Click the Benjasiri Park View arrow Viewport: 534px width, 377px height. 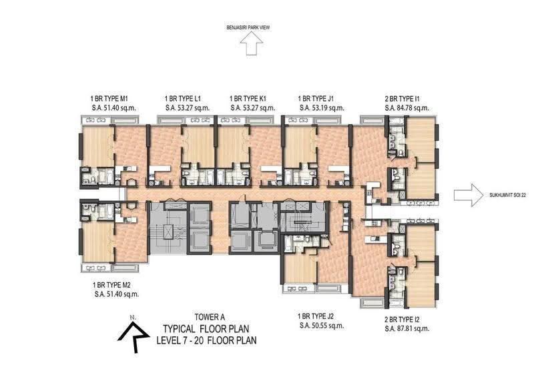tap(252, 43)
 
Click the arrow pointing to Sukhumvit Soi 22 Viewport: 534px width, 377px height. tap(469, 195)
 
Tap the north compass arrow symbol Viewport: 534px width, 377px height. tap(133, 337)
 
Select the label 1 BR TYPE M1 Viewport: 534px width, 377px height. tap(109, 99)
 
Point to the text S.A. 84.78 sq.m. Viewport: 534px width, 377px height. tap(407, 108)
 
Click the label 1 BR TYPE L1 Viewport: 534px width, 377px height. tap(182, 99)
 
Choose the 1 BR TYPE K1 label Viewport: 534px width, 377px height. tap(248, 99)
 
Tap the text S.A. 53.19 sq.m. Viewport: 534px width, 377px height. tap(322, 108)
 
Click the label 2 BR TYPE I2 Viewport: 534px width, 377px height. tap(402, 320)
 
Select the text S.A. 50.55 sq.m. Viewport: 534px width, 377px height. tap(322, 326)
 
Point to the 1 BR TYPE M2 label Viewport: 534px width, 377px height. tap(111, 285)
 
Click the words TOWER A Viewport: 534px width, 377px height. tap(210, 317)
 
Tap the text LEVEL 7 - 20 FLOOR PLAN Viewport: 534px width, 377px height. tap(206, 340)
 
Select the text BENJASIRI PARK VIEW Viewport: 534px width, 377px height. tap(248, 27)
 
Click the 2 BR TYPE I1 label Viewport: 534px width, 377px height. tap(402, 99)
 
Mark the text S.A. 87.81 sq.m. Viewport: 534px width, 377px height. tap(407, 329)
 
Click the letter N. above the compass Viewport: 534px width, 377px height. tap(133, 318)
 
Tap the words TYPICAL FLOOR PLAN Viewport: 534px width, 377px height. tap(206, 329)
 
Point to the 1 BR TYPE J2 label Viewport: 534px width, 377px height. tap(315, 316)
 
